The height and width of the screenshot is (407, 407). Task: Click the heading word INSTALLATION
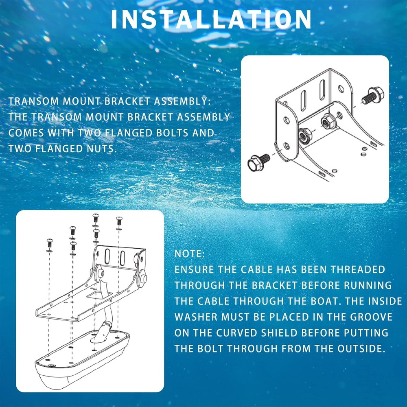click(x=211, y=19)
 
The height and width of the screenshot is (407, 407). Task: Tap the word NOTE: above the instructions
click(x=190, y=254)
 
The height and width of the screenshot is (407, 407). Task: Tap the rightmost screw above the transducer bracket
click(x=119, y=221)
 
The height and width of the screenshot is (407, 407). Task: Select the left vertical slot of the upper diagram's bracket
click(x=303, y=100)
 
